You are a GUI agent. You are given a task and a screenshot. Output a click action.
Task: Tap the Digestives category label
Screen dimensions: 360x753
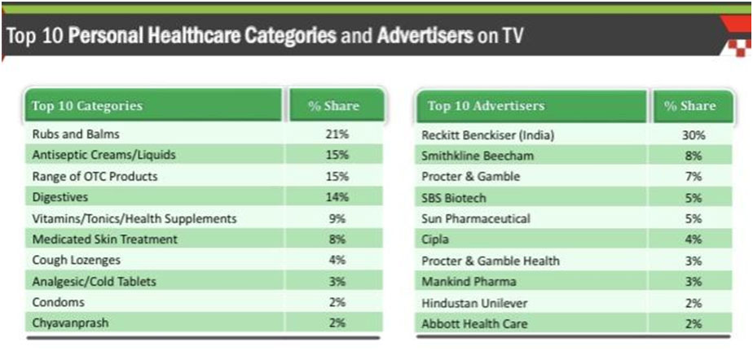[60, 197]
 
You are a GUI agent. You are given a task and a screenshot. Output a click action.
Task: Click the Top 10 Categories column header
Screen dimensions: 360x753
[86, 106]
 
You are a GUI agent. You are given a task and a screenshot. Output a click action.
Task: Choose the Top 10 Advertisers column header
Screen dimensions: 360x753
[486, 106]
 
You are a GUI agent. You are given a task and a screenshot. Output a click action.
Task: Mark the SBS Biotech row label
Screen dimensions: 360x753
[454, 197]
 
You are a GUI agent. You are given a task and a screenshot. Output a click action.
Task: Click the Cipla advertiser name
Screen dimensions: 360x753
[436, 239]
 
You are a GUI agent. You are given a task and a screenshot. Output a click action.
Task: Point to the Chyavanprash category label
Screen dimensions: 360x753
[70, 323]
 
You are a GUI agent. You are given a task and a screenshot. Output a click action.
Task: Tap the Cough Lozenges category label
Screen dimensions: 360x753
[76, 261]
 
